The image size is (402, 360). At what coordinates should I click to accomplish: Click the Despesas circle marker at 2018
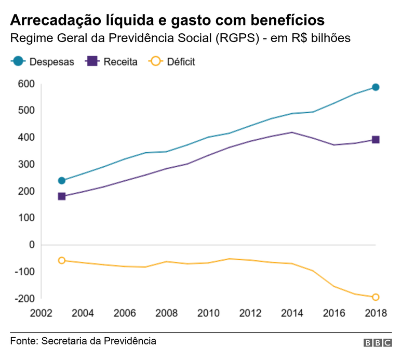click(x=375, y=87)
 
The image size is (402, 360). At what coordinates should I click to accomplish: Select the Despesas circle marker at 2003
click(x=62, y=181)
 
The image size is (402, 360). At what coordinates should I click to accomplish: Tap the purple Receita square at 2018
click(x=375, y=140)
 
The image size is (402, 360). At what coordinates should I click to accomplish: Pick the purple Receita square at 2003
click(x=62, y=196)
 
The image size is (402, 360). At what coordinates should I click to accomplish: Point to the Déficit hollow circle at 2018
click(x=375, y=297)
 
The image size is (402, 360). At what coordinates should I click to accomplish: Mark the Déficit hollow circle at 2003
click(x=62, y=260)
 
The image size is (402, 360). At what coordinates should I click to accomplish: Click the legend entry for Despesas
click(x=43, y=62)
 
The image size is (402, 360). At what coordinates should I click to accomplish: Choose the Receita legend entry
click(x=112, y=62)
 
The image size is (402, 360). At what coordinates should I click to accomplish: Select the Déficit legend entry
click(x=172, y=62)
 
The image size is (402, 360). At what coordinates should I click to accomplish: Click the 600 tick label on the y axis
click(x=26, y=84)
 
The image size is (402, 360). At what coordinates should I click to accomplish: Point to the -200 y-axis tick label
click(x=24, y=299)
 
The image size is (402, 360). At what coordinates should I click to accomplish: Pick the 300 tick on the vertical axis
click(x=26, y=164)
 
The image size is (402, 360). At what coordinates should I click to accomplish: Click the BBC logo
click(x=378, y=343)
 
